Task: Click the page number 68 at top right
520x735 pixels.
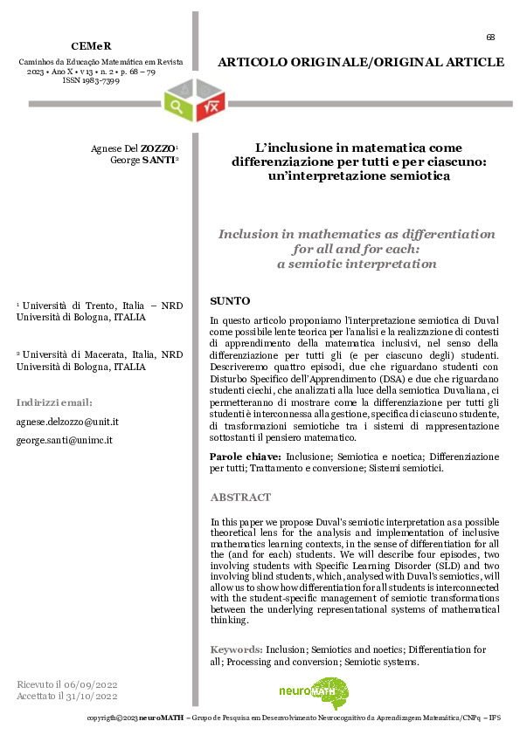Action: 490,37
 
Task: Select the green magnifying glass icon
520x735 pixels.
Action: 179,107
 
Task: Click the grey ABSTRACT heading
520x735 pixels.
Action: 241,498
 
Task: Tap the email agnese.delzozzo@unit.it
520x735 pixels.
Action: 67,421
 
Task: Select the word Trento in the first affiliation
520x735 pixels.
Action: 93,306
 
